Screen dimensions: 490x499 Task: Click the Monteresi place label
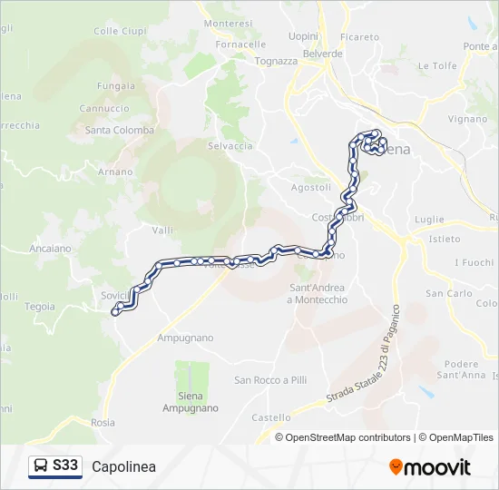click(229, 23)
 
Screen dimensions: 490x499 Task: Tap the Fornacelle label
click(240, 44)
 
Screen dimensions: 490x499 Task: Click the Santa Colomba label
click(120, 130)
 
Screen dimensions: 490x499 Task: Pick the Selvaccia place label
click(230, 146)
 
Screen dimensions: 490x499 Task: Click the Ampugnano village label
click(185, 338)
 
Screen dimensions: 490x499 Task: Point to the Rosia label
click(103, 422)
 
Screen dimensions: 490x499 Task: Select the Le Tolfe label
click(437, 65)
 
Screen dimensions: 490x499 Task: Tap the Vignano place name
click(467, 119)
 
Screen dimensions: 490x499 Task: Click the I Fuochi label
click(473, 262)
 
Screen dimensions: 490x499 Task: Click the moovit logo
click(430, 467)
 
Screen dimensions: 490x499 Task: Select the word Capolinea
click(123, 466)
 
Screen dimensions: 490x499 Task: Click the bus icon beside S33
click(41, 465)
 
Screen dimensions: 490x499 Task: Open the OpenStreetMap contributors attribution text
click(348, 437)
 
